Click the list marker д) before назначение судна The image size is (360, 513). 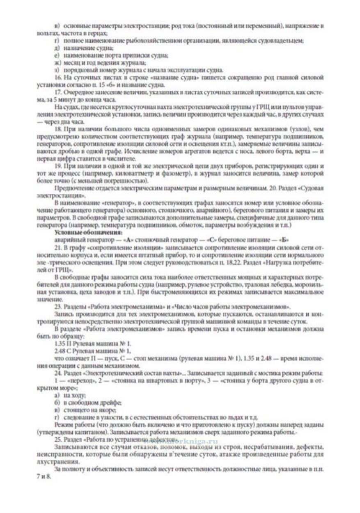(x=57, y=48)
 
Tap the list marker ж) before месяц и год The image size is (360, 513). (x=57, y=62)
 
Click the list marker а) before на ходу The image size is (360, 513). (x=57, y=395)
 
